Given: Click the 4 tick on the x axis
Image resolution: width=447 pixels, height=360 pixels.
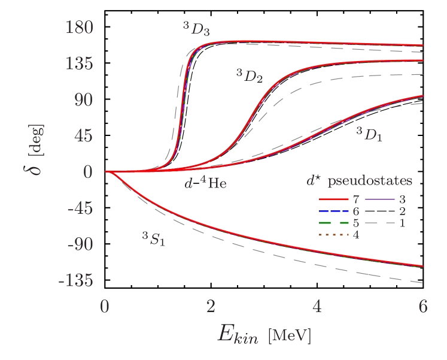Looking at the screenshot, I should pyautogui.click(x=317, y=306).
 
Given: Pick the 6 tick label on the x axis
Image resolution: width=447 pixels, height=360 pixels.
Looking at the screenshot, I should pyautogui.click(x=423, y=306).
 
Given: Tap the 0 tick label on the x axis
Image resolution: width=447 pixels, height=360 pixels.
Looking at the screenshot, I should pyautogui.click(x=105, y=306).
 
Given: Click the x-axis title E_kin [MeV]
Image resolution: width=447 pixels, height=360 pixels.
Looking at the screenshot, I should pyautogui.click(x=264, y=335).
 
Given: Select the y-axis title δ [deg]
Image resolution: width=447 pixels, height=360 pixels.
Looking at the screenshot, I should pyautogui.click(x=37, y=150).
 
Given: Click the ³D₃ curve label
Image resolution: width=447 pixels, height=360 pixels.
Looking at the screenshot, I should pyautogui.click(x=196, y=28).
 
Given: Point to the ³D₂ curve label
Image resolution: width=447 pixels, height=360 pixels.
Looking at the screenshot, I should pyautogui.click(x=249, y=75).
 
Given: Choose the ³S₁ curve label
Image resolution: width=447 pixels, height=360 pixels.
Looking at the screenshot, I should pyautogui.click(x=153, y=240).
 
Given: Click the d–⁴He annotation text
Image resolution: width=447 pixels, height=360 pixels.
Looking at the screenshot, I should pyautogui.click(x=205, y=183).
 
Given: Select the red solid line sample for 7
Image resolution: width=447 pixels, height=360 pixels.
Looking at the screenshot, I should pyautogui.click(x=335, y=199).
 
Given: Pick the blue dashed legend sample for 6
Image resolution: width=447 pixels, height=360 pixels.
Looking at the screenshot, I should pyautogui.click(x=335, y=211).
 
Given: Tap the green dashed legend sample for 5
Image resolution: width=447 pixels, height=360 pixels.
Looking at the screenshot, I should pyautogui.click(x=335, y=223).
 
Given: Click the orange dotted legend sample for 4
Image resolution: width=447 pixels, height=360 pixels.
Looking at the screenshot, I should pyautogui.click(x=335, y=235).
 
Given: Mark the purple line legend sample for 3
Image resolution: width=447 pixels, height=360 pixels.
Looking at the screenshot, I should pyautogui.click(x=379, y=199).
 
